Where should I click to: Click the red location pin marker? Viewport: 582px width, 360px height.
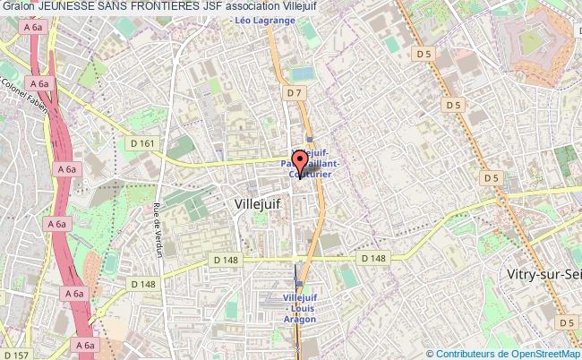tap(300, 165)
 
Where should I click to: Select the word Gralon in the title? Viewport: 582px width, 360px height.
tap(19, 7)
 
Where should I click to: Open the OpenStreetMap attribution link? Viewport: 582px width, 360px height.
tap(543, 353)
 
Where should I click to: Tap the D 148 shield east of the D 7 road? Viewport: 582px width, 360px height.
tap(373, 259)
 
